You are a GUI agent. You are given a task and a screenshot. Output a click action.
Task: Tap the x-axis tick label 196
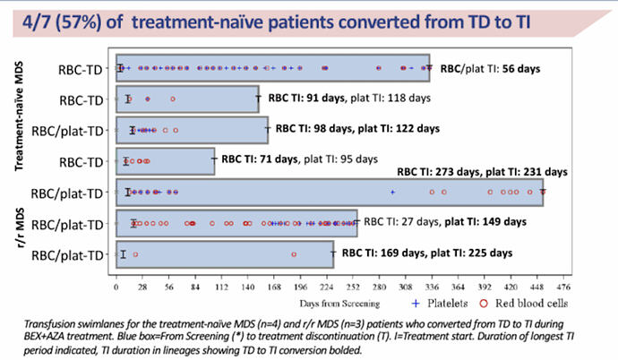click(301, 289)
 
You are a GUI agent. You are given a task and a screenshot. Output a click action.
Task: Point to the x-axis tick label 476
click(563, 289)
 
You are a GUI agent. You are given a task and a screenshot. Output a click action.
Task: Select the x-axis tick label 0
click(116, 289)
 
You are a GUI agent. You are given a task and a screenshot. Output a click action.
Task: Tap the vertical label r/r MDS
click(17, 224)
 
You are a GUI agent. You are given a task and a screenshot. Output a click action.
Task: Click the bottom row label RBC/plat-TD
click(67, 256)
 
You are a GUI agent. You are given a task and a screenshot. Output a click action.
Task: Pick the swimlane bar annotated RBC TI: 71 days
click(166, 161)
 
